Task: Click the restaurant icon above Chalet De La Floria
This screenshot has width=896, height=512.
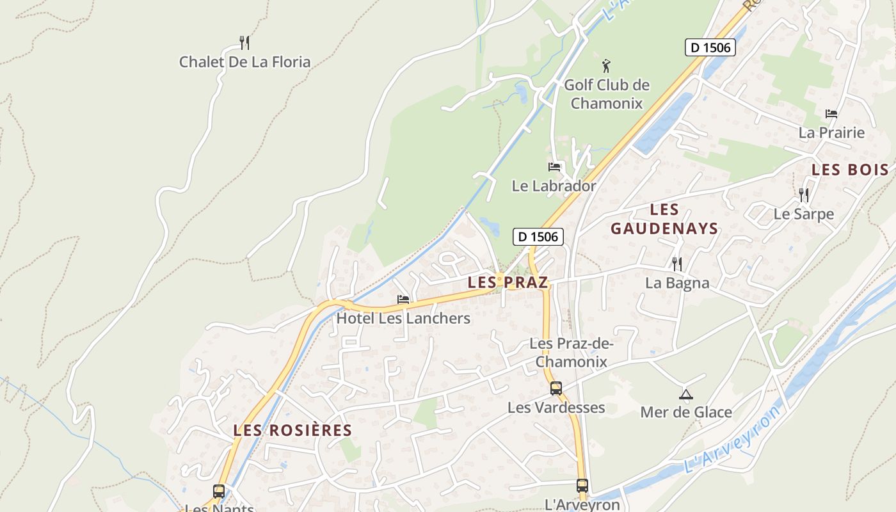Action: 244,43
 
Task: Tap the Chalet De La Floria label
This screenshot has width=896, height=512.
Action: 244,62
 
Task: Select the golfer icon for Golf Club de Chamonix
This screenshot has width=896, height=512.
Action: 606,65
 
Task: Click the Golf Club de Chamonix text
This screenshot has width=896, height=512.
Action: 606,93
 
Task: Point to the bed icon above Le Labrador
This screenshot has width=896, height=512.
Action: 554,167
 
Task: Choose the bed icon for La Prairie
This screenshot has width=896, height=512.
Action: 831,114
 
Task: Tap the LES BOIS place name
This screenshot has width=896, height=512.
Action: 850,170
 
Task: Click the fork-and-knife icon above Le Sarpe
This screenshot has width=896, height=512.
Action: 804,195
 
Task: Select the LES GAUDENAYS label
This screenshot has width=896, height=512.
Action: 664,219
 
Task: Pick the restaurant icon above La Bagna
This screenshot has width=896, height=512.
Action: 677,264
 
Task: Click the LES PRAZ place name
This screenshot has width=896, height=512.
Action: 508,282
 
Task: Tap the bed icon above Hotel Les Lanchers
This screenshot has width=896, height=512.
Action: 403,299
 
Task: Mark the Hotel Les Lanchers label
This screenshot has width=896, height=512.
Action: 403,318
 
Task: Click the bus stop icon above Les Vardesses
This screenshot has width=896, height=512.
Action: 556,388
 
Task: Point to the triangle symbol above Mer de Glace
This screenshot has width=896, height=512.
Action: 686,394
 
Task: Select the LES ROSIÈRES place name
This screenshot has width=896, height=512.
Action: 292,430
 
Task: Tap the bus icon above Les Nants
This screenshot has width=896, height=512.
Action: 219,492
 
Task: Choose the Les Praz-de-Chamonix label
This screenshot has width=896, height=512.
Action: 572,353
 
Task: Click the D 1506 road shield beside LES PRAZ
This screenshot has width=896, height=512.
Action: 538,237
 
